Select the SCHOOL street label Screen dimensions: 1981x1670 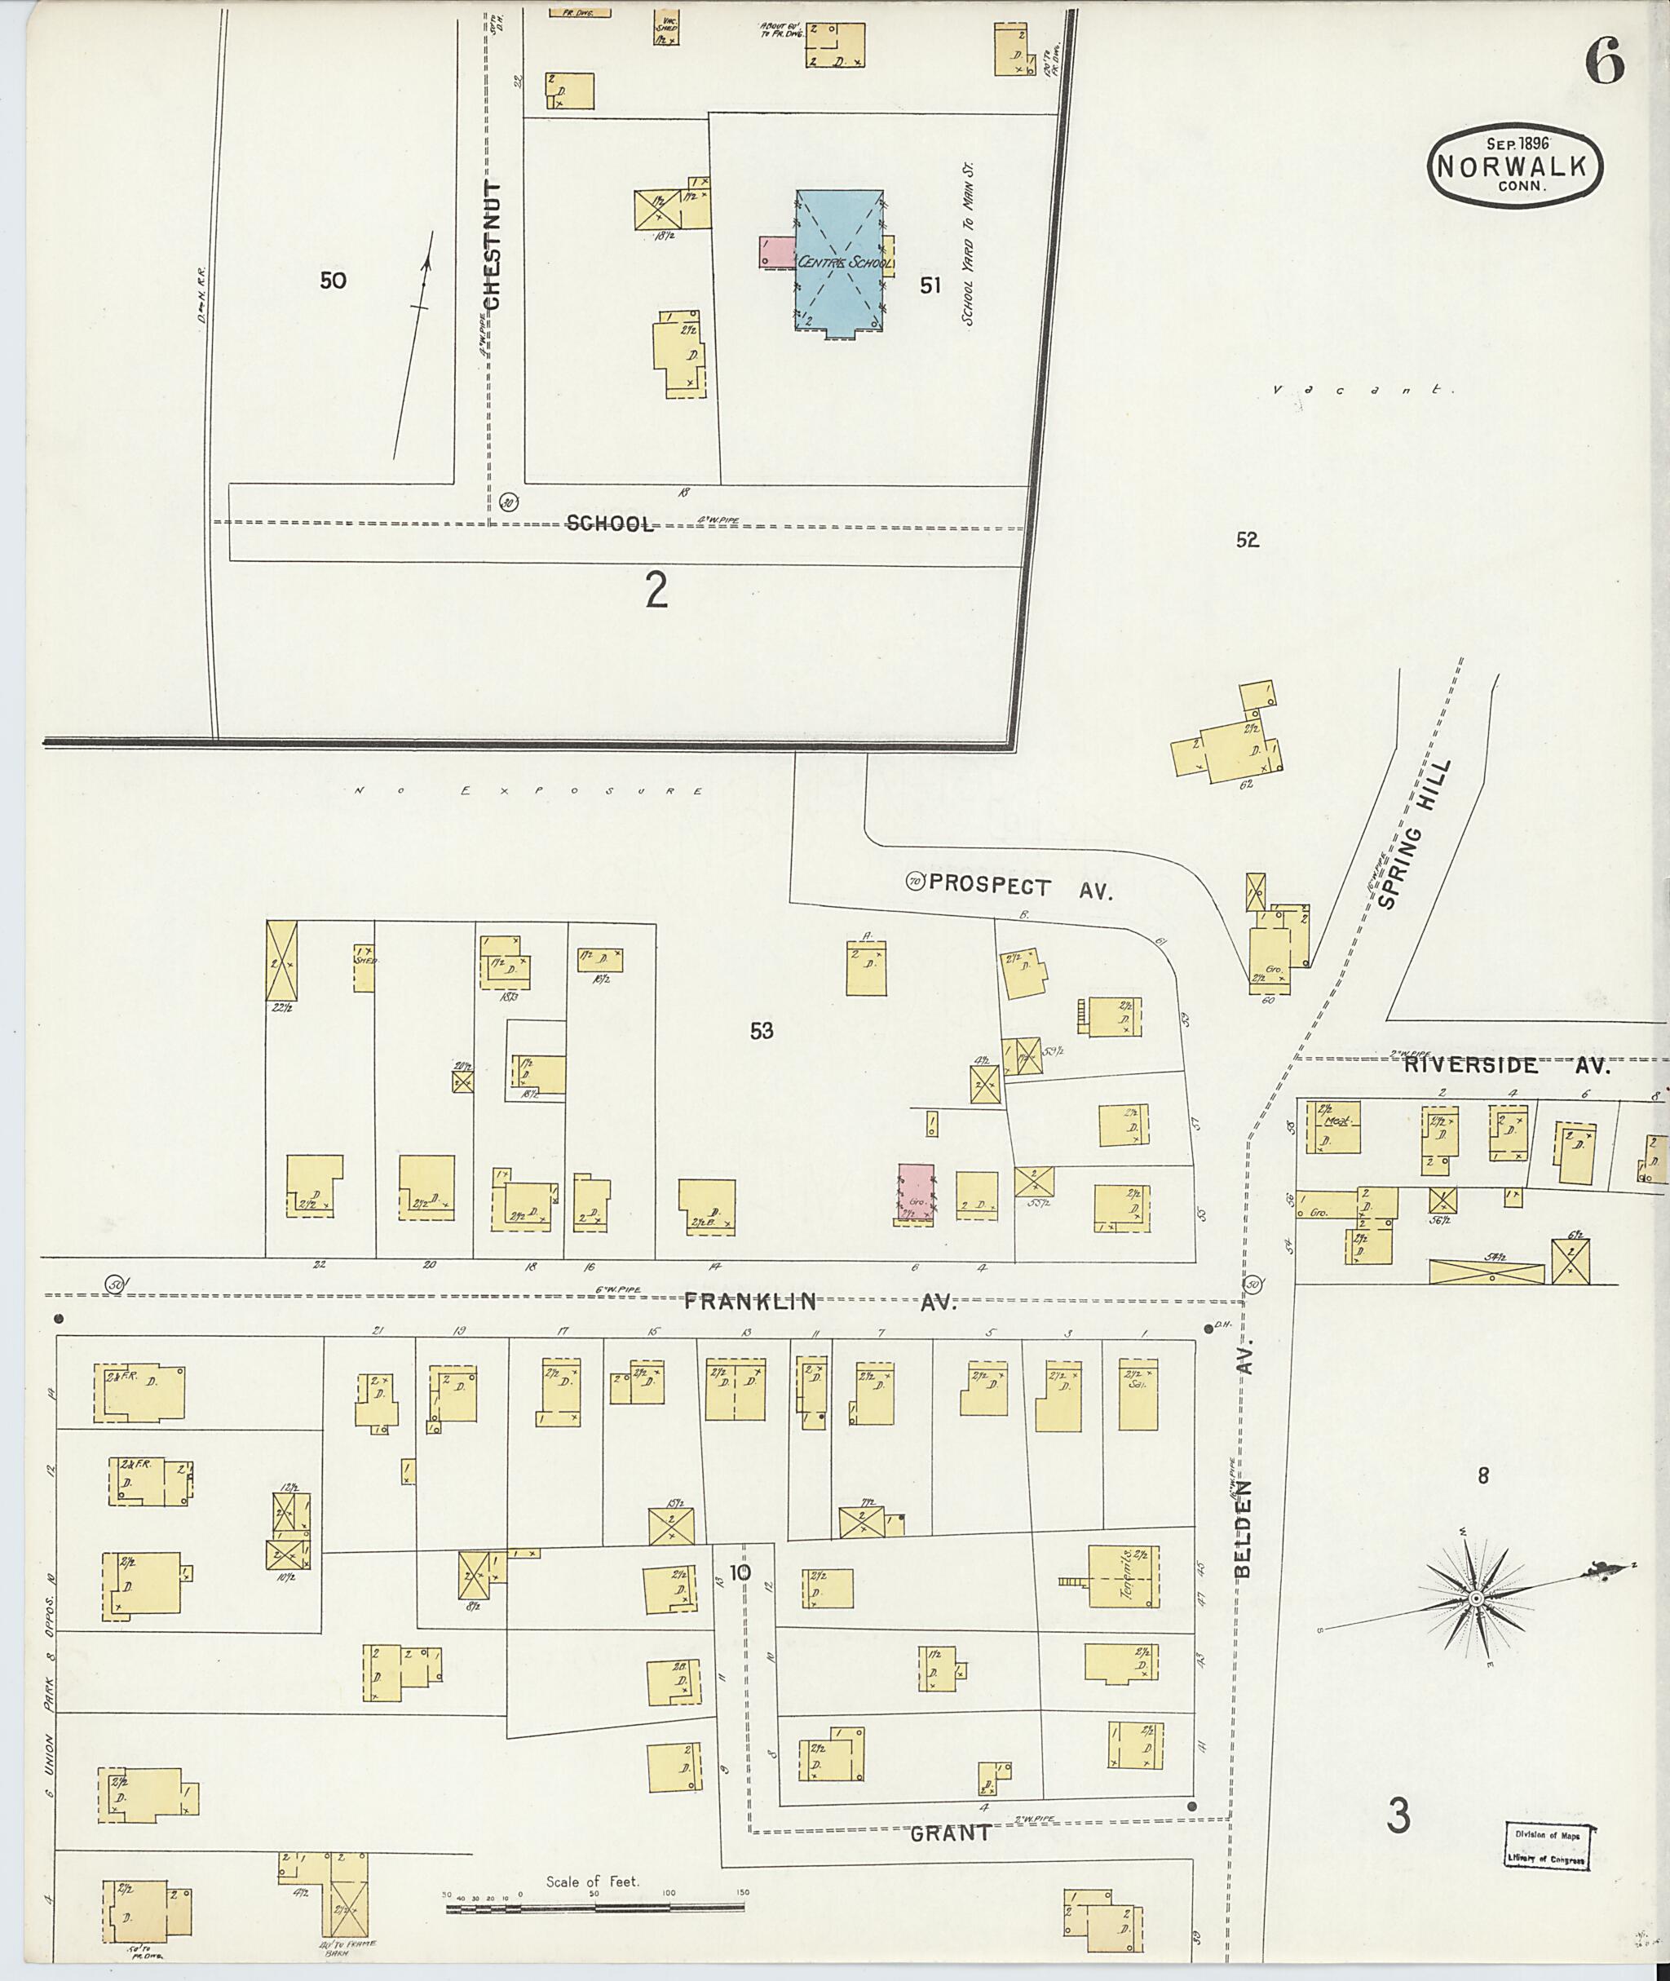[610, 524]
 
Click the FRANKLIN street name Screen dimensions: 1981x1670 [751, 1301]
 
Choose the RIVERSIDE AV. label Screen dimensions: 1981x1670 [1506, 1065]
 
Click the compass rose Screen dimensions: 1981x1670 [1475, 1599]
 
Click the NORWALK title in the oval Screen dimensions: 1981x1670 [1515, 166]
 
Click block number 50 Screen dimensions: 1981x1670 [333, 281]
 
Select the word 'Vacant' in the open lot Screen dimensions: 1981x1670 [1363, 389]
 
